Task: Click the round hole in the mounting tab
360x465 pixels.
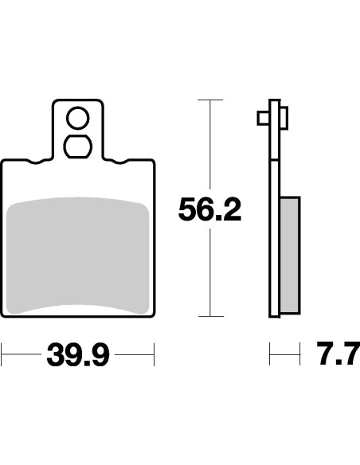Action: (x=77, y=119)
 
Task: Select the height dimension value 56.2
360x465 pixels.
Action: (x=209, y=211)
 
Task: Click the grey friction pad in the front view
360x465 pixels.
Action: (x=78, y=255)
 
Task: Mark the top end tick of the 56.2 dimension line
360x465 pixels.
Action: (x=209, y=100)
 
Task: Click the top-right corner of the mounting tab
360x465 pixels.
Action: (x=101, y=102)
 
